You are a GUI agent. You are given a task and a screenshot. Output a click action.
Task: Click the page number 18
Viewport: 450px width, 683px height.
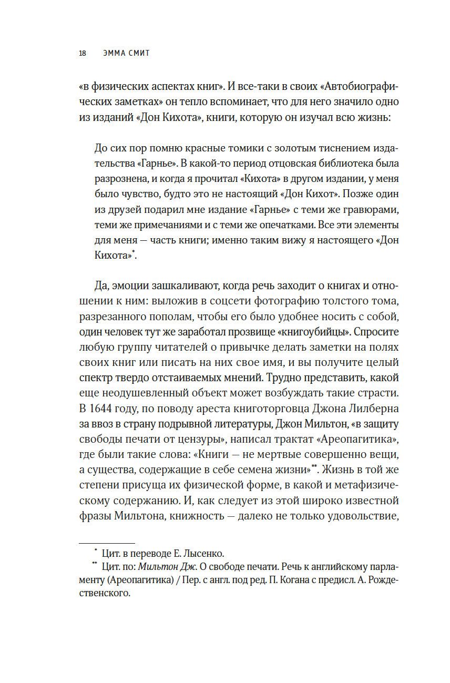[83, 53]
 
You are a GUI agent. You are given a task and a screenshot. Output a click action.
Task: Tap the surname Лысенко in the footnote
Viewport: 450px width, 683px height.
[205, 553]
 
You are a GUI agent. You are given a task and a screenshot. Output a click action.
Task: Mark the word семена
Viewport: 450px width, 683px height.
[252, 469]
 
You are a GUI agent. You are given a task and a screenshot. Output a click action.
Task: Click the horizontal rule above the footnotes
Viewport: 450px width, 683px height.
[107, 543]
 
